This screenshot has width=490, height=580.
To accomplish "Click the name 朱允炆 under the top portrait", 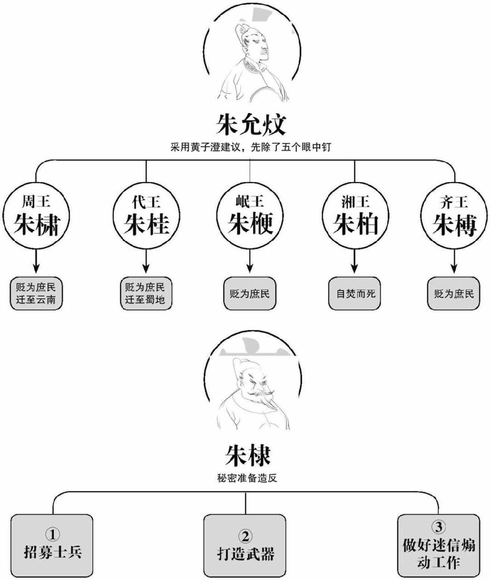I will [251, 125].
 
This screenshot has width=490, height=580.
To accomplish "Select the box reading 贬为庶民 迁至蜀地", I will [145, 293].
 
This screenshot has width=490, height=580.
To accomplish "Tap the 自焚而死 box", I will [355, 293].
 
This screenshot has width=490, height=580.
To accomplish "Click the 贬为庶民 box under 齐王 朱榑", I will [454, 293].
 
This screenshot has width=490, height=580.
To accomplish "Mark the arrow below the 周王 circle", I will [36, 262].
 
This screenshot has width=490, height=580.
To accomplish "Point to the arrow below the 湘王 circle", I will [355, 262].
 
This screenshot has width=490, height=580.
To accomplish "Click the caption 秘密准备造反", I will [246, 478].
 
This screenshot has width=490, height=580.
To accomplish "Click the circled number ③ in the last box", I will [438, 527].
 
